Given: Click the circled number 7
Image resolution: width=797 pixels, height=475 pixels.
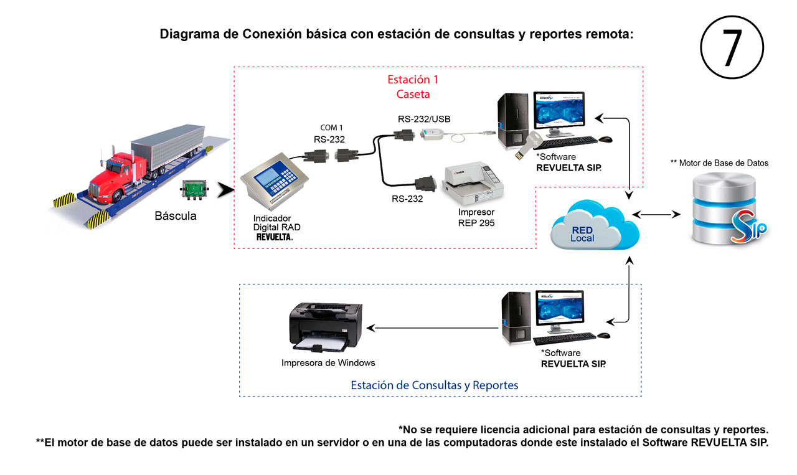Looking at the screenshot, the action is click(732, 47).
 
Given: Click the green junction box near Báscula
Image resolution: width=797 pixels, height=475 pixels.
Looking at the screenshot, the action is click(194, 189).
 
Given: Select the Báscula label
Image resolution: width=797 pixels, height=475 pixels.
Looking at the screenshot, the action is click(176, 215).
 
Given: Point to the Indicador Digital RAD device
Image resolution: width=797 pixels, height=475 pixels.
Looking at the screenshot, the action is click(274, 181).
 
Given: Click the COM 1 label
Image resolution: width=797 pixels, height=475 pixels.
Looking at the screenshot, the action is click(331, 128).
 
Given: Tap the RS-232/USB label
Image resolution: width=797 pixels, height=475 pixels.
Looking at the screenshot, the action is click(424, 119).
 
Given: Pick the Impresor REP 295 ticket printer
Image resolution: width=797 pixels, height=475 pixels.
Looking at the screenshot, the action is click(473, 183).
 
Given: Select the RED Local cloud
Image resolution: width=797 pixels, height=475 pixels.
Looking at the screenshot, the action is click(594, 226).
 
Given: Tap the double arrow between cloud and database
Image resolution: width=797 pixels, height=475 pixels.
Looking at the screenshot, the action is click(656, 215).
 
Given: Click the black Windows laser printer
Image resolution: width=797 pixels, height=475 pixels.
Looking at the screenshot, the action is click(326, 327).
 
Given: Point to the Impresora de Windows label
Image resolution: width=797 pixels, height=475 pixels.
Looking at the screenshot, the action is click(328, 362).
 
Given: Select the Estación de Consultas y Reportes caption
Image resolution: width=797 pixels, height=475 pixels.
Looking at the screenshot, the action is click(435, 385).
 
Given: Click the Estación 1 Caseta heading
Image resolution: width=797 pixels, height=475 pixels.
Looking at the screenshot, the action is click(413, 87).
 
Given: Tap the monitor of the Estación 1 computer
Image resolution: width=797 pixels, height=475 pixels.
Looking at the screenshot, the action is click(559, 111).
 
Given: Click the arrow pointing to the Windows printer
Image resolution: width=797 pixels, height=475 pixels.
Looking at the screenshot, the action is click(432, 328).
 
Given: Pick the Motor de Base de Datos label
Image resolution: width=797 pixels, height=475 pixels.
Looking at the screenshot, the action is click(719, 163).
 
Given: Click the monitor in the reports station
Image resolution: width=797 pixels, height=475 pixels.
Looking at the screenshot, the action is click(560, 309).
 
